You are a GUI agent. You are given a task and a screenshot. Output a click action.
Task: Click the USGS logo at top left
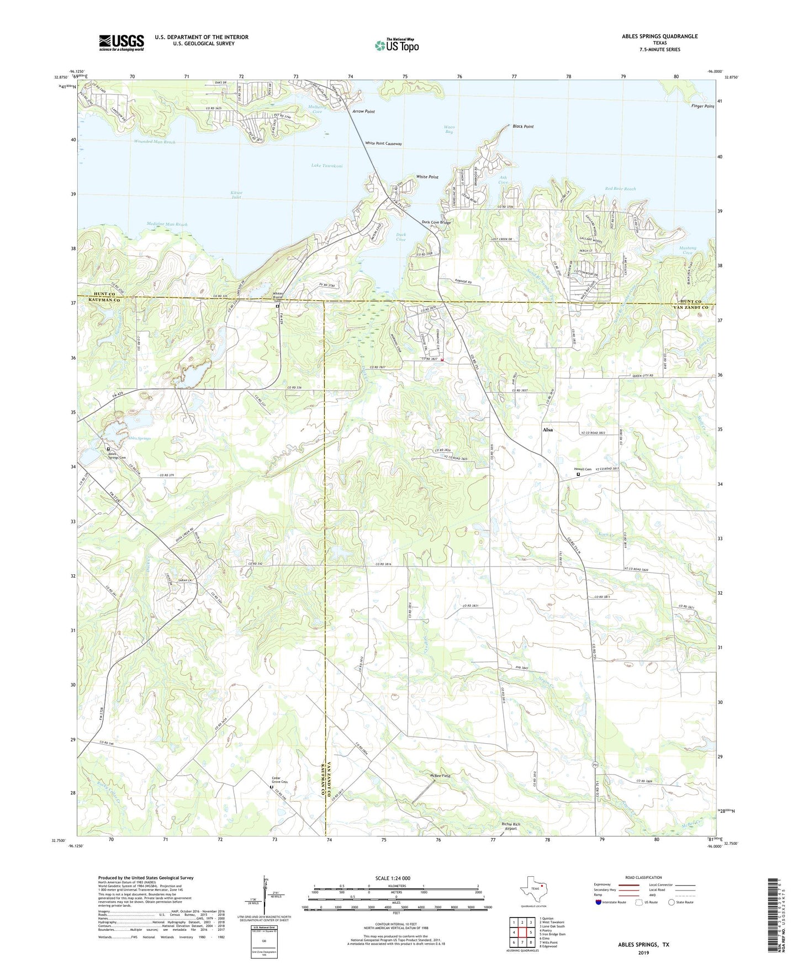coord(121,43)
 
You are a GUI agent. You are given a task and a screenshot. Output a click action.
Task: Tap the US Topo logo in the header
coord(397,45)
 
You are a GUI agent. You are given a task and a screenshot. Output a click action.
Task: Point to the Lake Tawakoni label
coord(327,166)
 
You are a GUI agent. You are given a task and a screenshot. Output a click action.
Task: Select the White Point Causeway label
coord(383,144)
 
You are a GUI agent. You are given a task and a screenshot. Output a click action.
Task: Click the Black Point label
coord(522,126)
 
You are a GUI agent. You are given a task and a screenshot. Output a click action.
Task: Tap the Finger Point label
coord(702,106)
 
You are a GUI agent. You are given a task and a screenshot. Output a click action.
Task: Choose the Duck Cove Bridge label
coord(436,223)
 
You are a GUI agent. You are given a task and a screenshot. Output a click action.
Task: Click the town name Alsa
coord(547,430)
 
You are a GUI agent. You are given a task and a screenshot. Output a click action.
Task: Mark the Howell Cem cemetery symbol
coord(579,474)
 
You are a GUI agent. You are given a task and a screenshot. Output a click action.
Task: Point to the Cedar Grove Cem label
coord(280,780)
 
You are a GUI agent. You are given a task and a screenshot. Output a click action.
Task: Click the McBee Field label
coord(440,776)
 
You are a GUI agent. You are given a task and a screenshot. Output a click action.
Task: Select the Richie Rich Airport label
coord(511,826)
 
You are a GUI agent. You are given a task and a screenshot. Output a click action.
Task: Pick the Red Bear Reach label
coord(620,189)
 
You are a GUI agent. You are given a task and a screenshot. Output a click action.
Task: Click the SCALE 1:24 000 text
coord(396,878)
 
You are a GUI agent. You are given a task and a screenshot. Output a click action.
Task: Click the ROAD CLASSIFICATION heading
coord(643,877)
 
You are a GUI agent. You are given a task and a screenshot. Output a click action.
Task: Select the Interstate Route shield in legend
coord(599,902)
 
